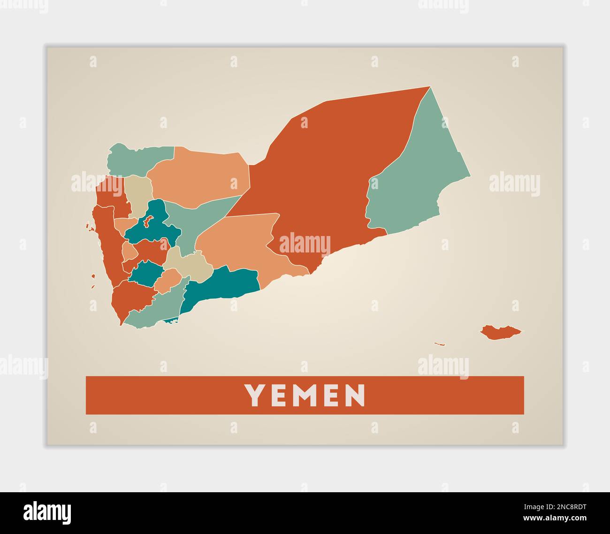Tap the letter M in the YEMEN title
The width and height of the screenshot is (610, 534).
(303, 395)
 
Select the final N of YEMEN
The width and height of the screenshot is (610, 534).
(355, 395)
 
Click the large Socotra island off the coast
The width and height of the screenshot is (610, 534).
(500, 332)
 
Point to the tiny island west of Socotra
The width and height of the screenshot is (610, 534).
(439, 344)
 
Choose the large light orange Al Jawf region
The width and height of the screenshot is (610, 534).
(202, 174)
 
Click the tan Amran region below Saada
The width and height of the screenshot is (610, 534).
(139, 192)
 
